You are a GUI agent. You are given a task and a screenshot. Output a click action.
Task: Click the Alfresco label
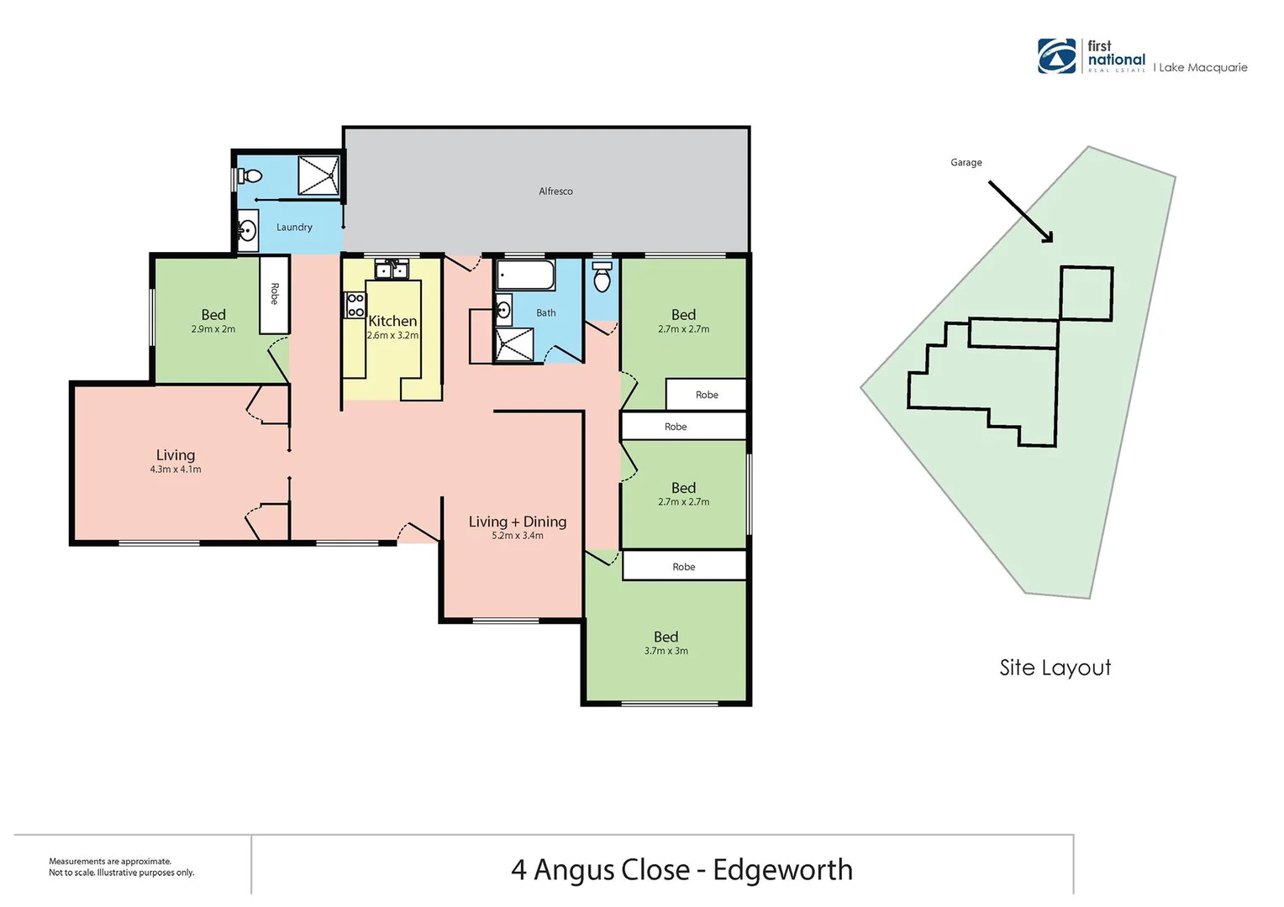coord(555,191)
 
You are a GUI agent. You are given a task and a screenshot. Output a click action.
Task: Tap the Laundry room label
coord(294,228)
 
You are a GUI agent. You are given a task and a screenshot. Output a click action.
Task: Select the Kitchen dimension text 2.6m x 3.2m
coord(392,335)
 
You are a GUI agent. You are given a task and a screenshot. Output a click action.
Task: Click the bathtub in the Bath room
coord(526,275)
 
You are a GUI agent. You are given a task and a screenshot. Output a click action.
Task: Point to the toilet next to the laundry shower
coord(250,176)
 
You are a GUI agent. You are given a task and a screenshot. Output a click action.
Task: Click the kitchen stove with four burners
coord(355,305)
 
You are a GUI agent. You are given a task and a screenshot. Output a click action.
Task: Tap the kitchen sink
coord(392,270)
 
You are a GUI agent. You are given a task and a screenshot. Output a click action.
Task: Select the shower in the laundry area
coord(318,176)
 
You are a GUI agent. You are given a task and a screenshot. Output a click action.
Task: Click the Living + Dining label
coord(518,522)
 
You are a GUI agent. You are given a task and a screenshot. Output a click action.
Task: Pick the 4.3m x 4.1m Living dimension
coord(176,469)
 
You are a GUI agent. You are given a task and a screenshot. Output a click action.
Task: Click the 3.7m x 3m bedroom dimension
coord(666,651)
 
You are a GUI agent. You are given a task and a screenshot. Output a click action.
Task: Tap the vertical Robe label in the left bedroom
coord(275,293)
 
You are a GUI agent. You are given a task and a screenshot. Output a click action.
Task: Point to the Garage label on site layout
coord(966,163)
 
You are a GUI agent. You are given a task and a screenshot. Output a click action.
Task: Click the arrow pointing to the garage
coord(1020,212)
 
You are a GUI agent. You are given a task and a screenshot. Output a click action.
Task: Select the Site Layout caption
coord(1055,668)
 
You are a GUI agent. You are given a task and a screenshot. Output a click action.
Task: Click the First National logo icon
coord(1056,56)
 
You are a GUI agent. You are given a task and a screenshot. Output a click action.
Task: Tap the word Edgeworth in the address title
coord(782,870)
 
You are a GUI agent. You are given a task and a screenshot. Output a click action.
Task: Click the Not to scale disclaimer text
coord(122,873)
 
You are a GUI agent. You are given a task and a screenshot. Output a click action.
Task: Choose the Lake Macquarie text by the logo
coord(1202,68)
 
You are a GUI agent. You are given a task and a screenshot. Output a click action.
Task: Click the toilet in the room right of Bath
coord(602,278)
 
